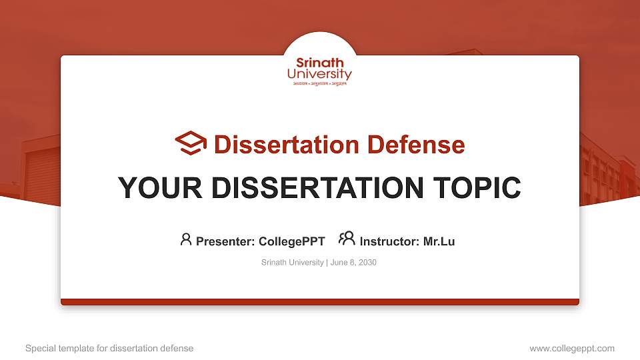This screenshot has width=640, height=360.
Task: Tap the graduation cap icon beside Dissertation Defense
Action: [x=191, y=143]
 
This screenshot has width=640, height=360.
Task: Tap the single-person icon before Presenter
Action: [x=186, y=239]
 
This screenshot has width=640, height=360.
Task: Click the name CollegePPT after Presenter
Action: [x=291, y=241]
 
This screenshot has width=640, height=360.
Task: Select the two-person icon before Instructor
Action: [x=347, y=239]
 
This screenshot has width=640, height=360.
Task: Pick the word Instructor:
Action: [x=389, y=241]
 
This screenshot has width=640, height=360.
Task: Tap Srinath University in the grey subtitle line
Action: [x=293, y=263]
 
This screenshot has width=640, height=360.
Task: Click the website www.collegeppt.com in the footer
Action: [x=571, y=348]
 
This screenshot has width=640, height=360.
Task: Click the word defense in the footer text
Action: [x=177, y=348]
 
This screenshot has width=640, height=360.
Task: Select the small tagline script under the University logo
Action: [x=319, y=85]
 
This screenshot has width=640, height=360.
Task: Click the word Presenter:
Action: [x=225, y=241]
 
